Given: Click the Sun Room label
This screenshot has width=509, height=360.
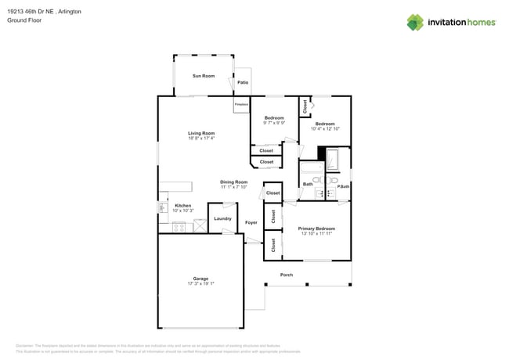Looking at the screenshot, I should (204, 76).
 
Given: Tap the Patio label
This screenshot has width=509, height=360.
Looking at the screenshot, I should (243, 82).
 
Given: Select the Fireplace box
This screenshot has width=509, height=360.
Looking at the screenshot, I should (241, 105).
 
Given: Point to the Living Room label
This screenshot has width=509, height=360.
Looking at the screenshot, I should (200, 133).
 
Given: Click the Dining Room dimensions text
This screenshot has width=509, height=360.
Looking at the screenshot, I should (233, 188).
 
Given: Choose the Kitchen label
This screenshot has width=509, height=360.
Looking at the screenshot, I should (182, 206).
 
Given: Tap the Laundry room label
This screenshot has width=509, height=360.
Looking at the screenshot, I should (222, 218).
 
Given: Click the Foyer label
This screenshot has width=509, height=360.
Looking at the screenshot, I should (251, 223).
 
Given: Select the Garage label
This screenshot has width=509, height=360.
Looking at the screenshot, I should (200, 279).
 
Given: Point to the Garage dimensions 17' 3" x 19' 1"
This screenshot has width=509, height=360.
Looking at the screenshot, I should (200, 284).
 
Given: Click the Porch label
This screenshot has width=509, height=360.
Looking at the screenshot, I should (287, 275).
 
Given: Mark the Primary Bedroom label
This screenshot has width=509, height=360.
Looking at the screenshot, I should (316, 229).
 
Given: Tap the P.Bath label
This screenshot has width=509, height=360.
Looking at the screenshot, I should (343, 185).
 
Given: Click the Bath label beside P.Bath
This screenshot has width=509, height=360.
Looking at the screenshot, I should (308, 185).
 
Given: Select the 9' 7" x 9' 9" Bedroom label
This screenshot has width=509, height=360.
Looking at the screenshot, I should (274, 118).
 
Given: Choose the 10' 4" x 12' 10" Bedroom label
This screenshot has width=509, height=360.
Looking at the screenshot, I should (325, 124).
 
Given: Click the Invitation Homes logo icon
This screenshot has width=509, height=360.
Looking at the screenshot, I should (415, 22).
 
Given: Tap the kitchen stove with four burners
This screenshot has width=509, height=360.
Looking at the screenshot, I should (179, 228).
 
